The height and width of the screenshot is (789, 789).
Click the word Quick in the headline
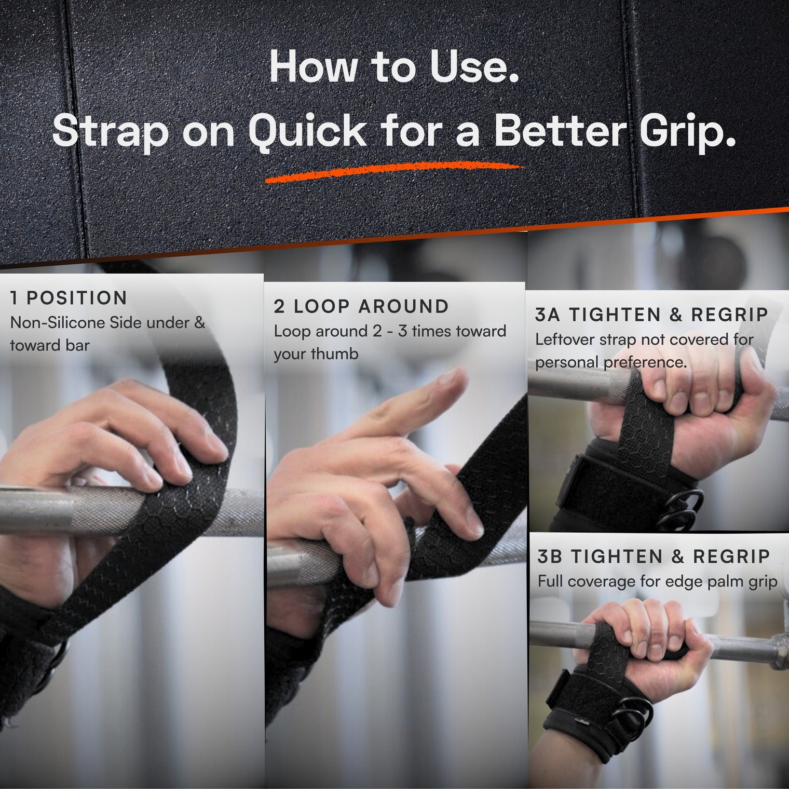(x=308, y=131)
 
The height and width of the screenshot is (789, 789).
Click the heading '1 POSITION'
(x=69, y=298)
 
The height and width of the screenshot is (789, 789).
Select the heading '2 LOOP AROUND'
(x=361, y=306)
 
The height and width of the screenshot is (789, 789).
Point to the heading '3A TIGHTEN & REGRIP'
(x=651, y=315)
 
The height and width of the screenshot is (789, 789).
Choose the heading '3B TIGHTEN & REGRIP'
(x=654, y=556)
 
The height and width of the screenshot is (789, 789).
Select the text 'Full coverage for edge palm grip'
(x=657, y=581)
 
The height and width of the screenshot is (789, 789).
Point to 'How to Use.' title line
(x=394, y=67)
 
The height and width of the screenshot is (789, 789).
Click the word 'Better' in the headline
(x=561, y=131)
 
